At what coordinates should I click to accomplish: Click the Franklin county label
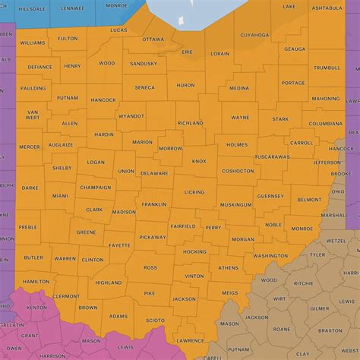pyautogui.click(x=153, y=204)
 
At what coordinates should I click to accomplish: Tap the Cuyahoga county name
pyautogui.click(x=254, y=34)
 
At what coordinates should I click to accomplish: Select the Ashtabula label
pyautogui.click(x=327, y=7)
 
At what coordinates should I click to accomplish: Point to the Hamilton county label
pyautogui.click(x=36, y=281)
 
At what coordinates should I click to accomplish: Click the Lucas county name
pyautogui.click(x=118, y=30)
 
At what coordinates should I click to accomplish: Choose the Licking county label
pyautogui.click(x=194, y=192)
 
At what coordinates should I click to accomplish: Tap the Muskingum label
pyautogui.click(x=235, y=205)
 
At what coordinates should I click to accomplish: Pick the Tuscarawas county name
pyautogui.click(x=272, y=156)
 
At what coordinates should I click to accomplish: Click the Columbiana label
pyautogui.click(x=326, y=123)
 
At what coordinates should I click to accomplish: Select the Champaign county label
pyautogui.click(x=96, y=187)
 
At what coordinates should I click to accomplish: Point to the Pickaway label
pyautogui.click(x=152, y=237)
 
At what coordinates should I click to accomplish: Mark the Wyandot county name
pyautogui.click(x=131, y=116)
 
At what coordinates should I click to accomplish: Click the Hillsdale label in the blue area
pyautogui.click(x=31, y=8)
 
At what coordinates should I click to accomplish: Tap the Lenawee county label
pyautogui.click(x=73, y=8)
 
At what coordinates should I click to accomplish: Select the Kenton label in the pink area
pyautogui.click(x=36, y=308)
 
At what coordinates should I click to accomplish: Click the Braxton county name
pyautogui.click(x=330, y=330)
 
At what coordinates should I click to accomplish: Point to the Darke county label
pyautogui.click(x=30, y=188)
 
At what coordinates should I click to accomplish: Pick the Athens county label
pyautogui.click(x=228, y=267)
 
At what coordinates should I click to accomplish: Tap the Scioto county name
pyautogui.click(x=154, y=321)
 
